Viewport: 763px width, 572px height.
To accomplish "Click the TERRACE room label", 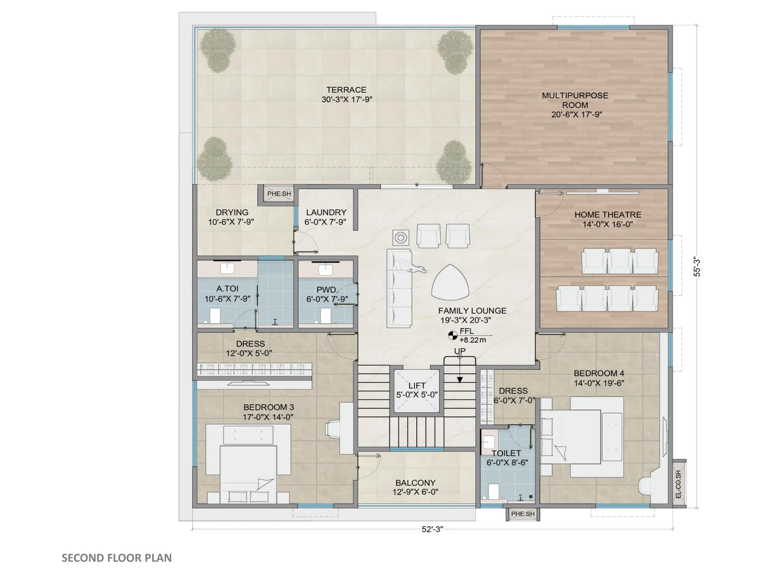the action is (346, 90).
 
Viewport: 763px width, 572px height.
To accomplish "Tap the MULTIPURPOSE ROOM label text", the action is (575, 100).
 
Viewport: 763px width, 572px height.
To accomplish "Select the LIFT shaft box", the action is (416, 391).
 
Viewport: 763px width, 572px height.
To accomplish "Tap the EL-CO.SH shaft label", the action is (678, 484).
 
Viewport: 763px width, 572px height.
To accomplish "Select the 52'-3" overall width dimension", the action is (432, 529).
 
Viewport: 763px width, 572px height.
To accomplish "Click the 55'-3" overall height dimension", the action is (697, 267).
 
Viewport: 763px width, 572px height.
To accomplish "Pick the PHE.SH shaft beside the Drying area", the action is (279, 194).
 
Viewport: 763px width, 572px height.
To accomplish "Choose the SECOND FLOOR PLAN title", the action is (117, 558).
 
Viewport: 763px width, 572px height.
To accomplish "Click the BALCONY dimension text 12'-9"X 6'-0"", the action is (415, 492).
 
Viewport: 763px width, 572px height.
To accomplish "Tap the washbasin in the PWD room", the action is (326, 269).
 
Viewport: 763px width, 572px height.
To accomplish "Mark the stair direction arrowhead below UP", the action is (460, 380).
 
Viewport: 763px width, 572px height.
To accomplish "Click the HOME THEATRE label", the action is (608, 214).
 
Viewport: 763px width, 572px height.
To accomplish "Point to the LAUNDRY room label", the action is (326, 212).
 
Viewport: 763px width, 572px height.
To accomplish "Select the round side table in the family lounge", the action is (401, 238).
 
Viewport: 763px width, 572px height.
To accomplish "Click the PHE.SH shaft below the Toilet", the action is (523, 514).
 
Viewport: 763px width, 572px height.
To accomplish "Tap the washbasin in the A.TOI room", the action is (227, 268).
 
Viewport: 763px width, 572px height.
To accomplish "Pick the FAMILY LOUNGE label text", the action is (472, 311).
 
